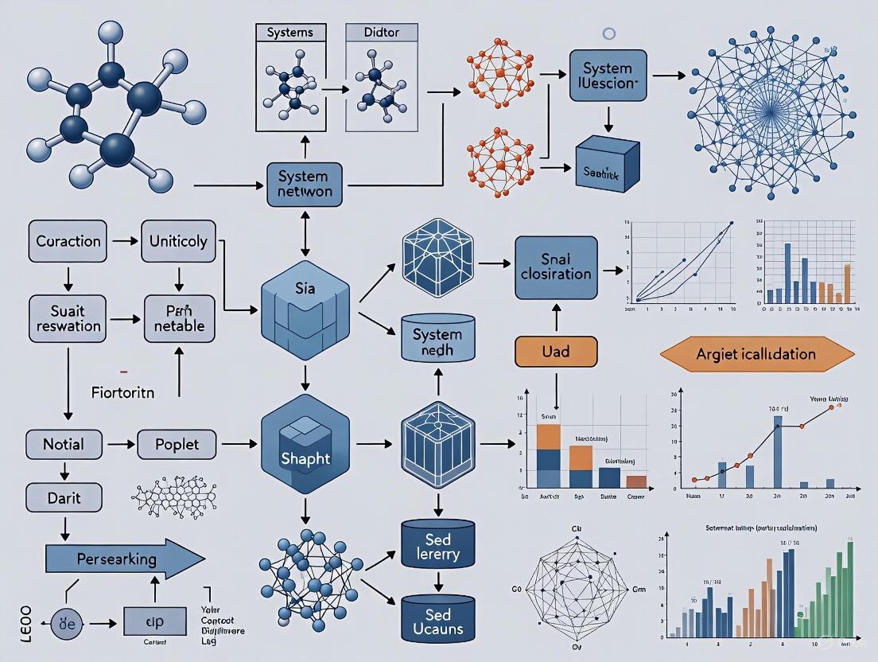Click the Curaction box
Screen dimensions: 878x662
coord(68,241)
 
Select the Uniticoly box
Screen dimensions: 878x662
coord(178,241)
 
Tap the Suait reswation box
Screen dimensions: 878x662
coord(68,317)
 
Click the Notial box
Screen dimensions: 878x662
coord(64,444)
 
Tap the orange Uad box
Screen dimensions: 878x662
coord(554,351)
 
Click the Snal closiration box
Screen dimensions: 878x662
coord(555,267)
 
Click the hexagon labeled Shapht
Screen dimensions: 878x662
coord(305,450)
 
